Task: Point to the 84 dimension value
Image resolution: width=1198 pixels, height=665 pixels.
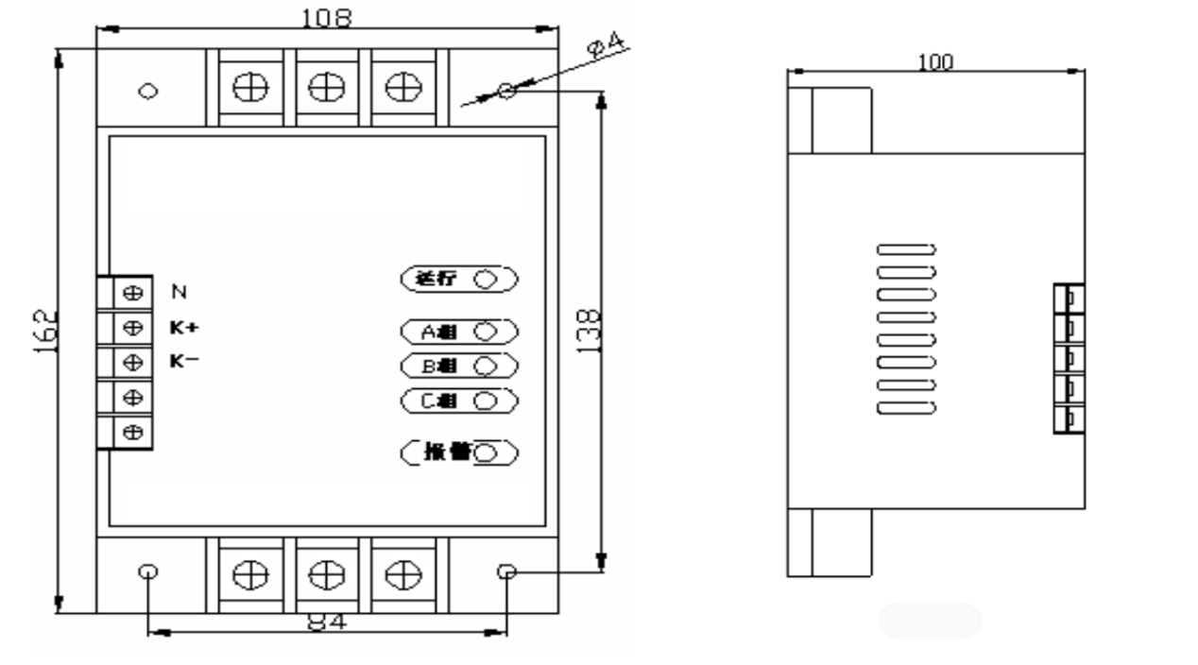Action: [327, 622]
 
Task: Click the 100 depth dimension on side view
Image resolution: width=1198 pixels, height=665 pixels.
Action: [936, 62]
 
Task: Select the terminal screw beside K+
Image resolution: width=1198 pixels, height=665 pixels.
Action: [133, 328]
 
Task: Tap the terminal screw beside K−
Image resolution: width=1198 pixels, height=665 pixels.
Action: [133, 362]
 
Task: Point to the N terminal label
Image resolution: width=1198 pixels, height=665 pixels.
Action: [179, 293]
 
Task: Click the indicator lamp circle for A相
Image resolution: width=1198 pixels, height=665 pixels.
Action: [485, 332]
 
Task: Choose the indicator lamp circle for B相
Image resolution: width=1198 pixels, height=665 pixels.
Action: [485, 366]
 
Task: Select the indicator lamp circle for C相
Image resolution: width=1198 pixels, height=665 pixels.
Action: [485, 401]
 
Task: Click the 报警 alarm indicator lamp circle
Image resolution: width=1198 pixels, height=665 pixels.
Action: [488, 453]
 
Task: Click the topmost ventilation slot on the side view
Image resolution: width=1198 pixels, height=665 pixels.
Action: [907, 249]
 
